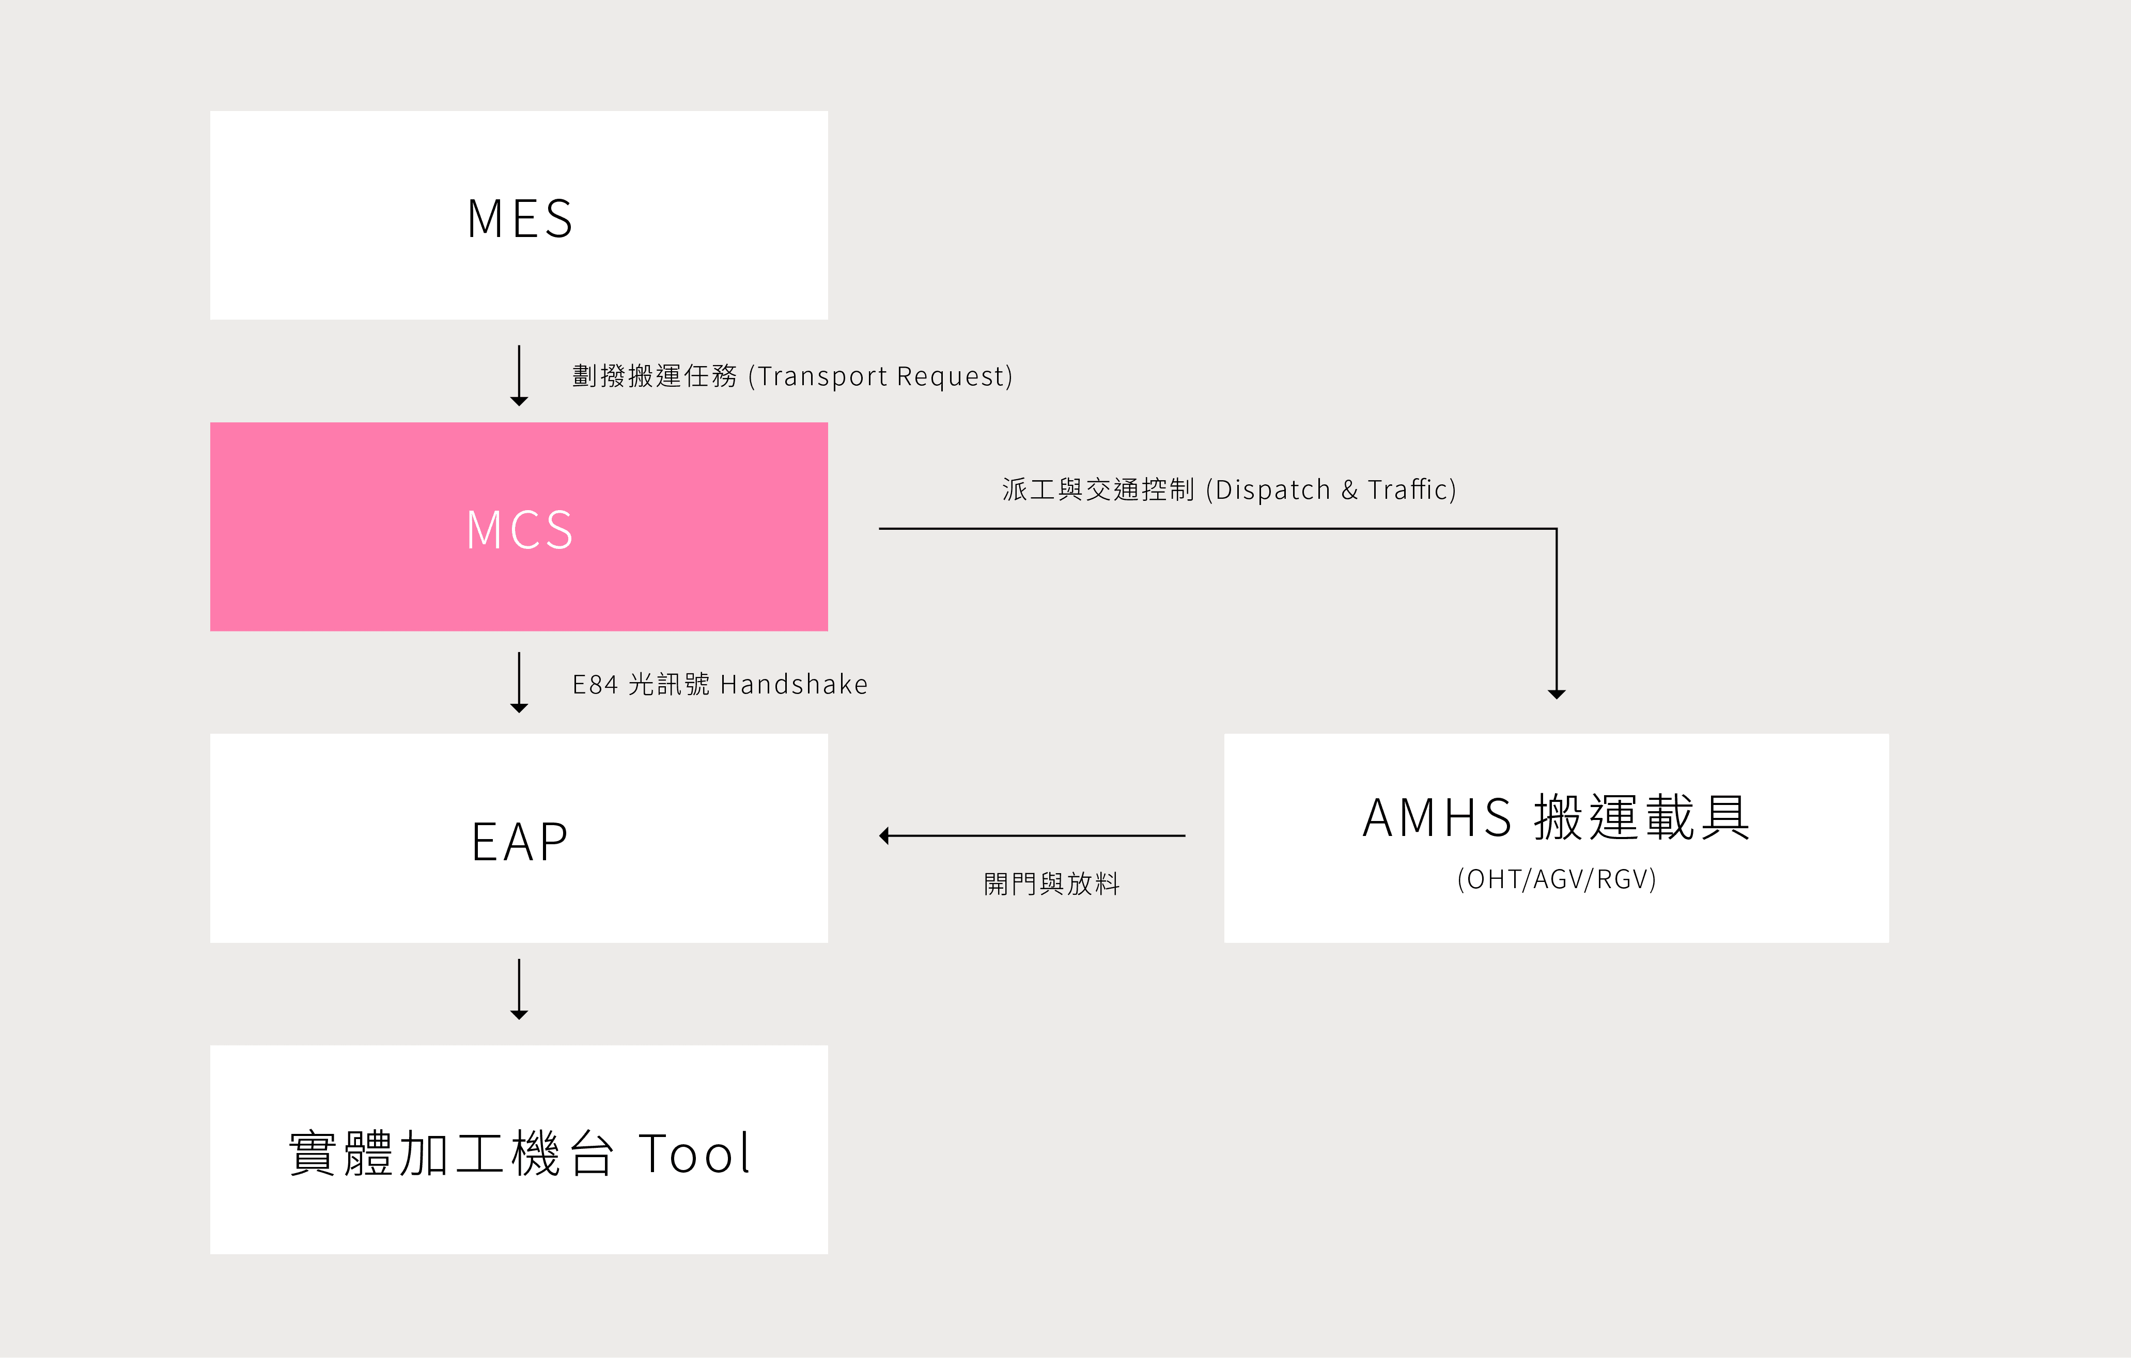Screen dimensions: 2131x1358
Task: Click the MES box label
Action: click(520, 218)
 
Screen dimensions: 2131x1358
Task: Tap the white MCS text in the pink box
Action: click(520, 530)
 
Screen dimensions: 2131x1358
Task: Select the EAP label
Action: click(520, 841)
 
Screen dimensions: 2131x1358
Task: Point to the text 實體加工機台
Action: click(452, 1154)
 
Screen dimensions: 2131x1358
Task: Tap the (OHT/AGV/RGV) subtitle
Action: click(1557, 879)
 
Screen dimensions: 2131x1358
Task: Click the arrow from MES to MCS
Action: click(520, 375)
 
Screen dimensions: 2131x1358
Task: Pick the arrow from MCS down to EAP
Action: click(520, 682)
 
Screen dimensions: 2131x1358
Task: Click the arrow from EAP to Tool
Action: click(520, 989)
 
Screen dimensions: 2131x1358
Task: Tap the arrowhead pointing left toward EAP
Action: click(884, 836)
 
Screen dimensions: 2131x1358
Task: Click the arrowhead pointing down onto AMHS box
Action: click(1557, 694)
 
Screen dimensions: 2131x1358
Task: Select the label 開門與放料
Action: click(1051, 884)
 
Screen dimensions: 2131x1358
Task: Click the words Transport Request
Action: click(883, 376)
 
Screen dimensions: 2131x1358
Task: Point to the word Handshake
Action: click(794, 684)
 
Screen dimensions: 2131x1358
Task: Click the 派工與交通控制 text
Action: click(1098, 489)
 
